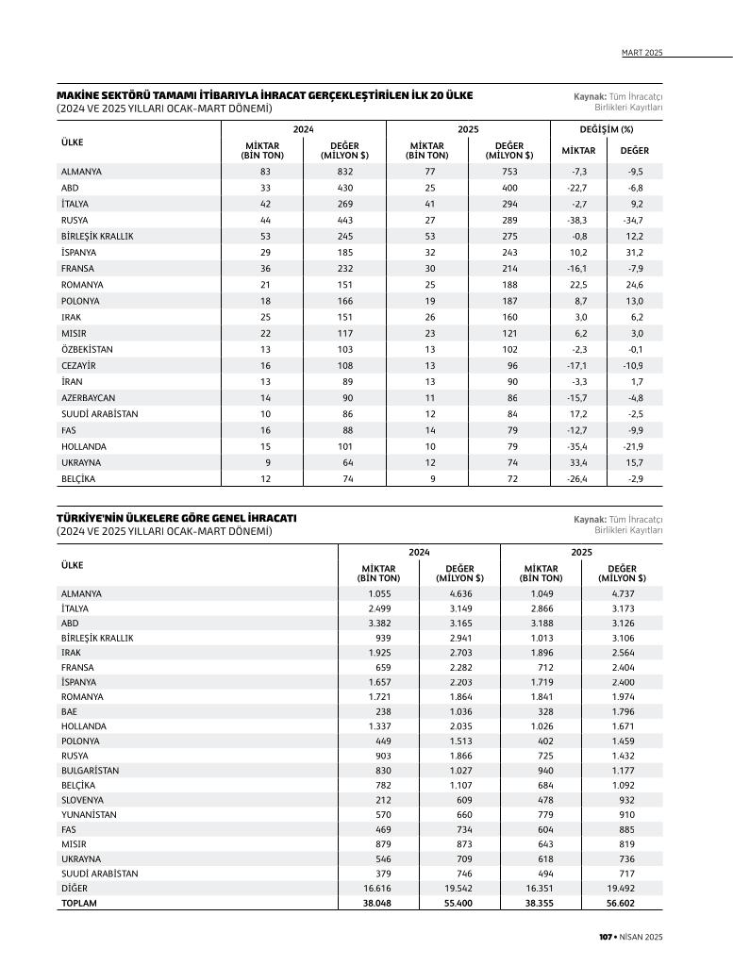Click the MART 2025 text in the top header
click(642, 53)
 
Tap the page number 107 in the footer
click(606, 936)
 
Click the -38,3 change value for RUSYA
click(578, 220)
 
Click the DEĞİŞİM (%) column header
click(606, 128)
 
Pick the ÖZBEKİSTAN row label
click(87, 349)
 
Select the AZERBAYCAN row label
click(89, 398)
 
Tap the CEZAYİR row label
click(78, 365)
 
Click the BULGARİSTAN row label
click(90, 770)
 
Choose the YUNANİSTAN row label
click(89, 814)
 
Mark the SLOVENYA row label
click(82, 799)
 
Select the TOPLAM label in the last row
click(78, 903)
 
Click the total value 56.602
click(629, 903)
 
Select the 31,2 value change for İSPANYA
click(634, 252)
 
